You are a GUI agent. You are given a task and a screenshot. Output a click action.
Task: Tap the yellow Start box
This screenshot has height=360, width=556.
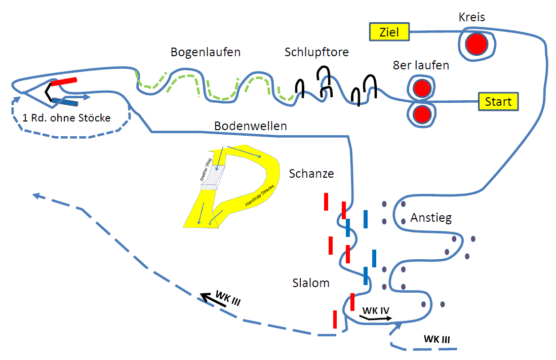point(498,101)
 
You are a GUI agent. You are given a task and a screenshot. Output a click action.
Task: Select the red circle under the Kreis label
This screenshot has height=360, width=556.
point(476,44)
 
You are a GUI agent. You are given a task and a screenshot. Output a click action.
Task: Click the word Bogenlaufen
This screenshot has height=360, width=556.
point(205,52)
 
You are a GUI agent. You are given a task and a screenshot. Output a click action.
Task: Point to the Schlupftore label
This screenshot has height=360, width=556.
point(316,52)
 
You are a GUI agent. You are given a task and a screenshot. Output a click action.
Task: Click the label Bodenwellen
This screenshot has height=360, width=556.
point(250,126)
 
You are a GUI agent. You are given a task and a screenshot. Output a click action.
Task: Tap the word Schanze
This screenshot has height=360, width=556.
point(311,174)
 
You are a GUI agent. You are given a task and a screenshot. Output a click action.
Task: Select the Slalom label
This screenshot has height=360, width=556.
point(311,283)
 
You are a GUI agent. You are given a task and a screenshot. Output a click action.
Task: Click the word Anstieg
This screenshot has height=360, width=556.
point(431,218)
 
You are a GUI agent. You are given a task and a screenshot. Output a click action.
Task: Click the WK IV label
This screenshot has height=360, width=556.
point(375,310)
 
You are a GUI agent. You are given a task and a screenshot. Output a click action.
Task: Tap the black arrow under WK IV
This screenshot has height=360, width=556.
point(375,318)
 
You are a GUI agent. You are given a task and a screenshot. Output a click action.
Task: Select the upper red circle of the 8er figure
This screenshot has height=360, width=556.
point(421,89)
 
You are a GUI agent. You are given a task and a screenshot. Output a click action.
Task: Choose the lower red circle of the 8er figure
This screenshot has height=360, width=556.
point(421,114)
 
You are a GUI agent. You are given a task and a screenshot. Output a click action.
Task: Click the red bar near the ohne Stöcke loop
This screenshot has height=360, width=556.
point(64,81)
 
